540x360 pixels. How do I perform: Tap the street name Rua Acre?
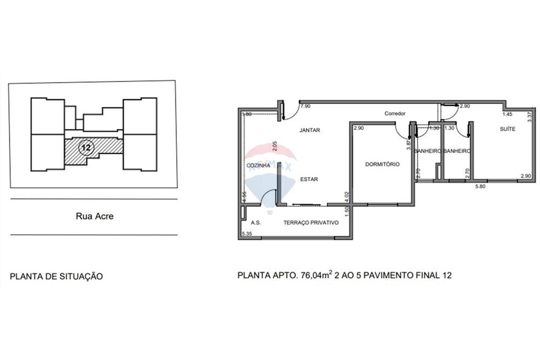tap(94, 216)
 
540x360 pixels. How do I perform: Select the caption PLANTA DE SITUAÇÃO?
tap(56, 276)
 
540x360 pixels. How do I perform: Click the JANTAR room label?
tap(309, 130)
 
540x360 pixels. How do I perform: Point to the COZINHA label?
tap(258, 165)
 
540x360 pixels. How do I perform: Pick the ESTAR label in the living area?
tap(309, 179)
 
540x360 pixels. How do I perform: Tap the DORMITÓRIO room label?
tap(382, 164)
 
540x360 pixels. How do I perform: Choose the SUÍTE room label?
tap(507, 129)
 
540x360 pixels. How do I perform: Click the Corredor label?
tap(395, 114)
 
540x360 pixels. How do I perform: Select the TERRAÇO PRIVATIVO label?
tap(311, 222)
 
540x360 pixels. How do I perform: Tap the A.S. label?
tap(256, 222)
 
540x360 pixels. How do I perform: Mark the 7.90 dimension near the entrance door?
tap(305, 107)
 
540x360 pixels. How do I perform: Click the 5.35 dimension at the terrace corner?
tap(247, 234)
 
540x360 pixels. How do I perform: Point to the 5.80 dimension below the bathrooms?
tap(481, 187)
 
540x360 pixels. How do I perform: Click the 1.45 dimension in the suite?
tap(507, 114)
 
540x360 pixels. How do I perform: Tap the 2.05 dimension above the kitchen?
tap(274, 145)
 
